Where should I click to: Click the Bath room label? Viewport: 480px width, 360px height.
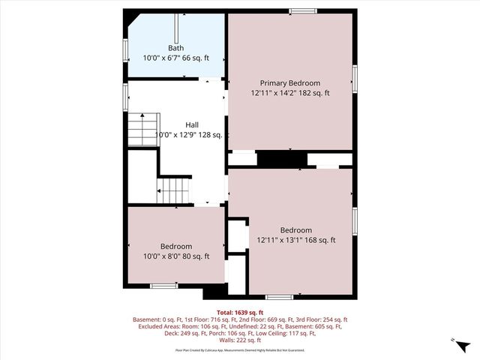(176, 48)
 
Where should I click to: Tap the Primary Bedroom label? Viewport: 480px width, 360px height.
(290, 82)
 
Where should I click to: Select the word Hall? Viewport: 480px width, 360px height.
(193, 124)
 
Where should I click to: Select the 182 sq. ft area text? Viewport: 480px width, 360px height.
(315, 93)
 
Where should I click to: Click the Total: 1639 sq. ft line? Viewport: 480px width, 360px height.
(240, 312)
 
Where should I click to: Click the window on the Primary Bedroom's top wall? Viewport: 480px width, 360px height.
(303, 10)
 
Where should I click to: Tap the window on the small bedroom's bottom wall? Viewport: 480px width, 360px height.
(163, 286)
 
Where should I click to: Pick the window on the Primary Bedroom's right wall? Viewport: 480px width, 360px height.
(354, 77)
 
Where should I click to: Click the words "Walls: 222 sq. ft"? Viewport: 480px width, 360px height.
(240, 340)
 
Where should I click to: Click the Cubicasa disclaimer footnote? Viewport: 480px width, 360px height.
(240, 349)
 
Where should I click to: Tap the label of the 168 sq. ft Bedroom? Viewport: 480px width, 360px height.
(295, 230)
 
